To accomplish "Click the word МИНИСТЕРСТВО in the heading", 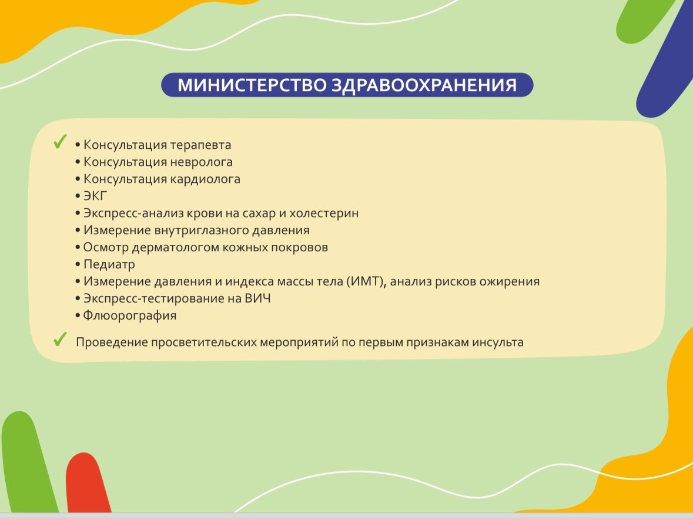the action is pos(252,85).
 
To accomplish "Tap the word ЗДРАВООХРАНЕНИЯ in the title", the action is pos(424,85).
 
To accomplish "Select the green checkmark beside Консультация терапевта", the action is pos(60,142).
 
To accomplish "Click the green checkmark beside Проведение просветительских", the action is pos(60,340).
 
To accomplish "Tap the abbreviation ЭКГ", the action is pos(95,196).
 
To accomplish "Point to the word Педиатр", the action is pos(109,265).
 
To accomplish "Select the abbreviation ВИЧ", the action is pos(257,299).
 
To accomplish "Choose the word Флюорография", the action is pos(130,316).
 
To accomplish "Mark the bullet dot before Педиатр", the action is pos(78,265).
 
